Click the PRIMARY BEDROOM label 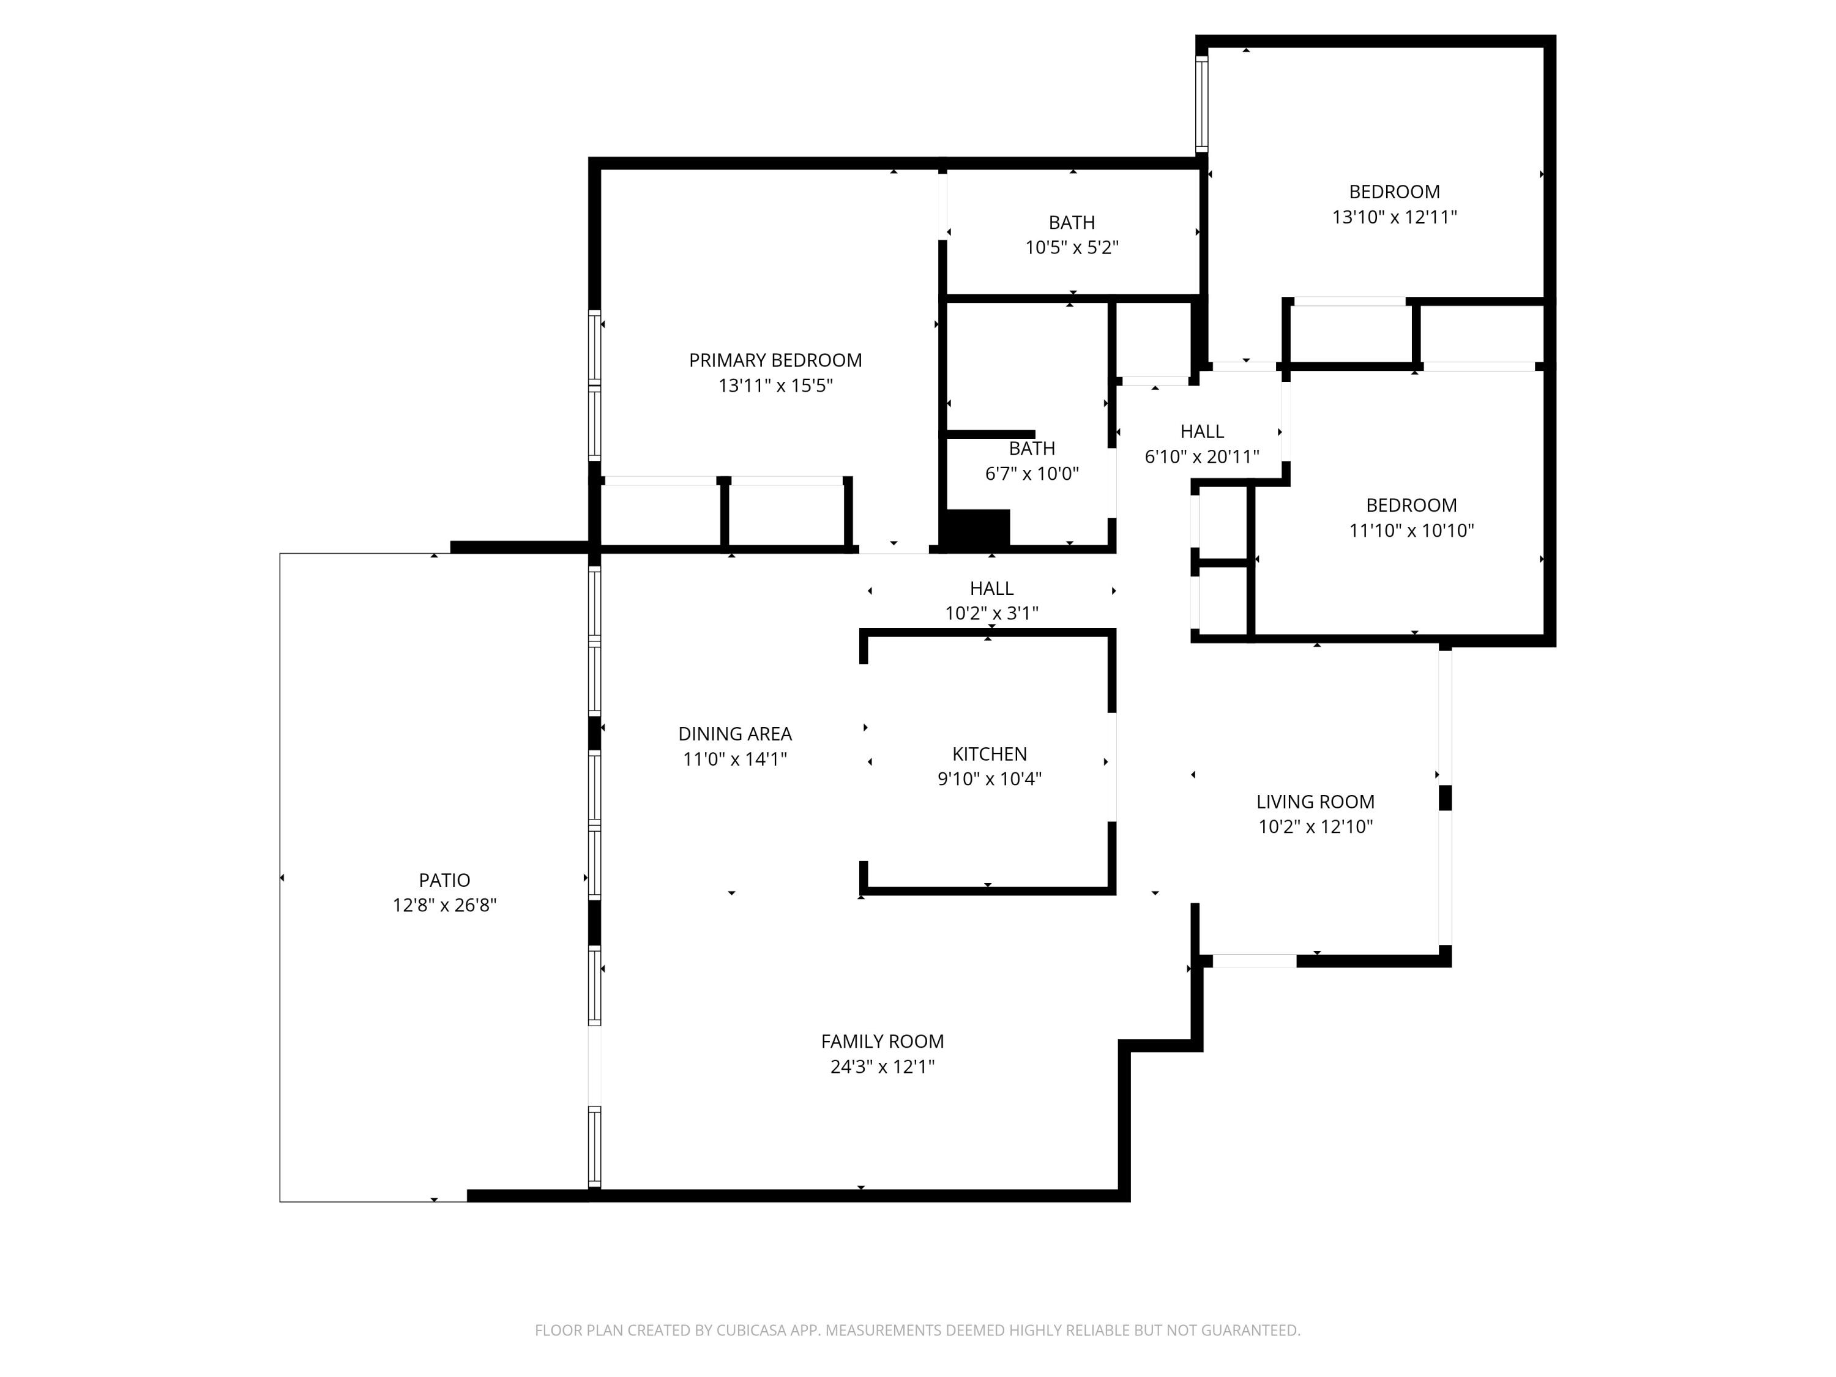[x=775, y=360]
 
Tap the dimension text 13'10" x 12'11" [x=1394, y=217]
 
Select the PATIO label [x=444, y=880]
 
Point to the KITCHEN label [x=990, y=753]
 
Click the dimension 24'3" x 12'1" [x=883, y=1067]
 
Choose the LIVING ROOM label [x=1315, y=802]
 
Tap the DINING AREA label [x=734, y=734]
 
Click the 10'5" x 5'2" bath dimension [x=1072, y=247]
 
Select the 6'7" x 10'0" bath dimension [x=1032, y=474]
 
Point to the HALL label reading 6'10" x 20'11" [x=1202, y=431]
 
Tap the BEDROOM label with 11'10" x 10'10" [x=1411, y=506]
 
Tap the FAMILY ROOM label [x=883, y=1042]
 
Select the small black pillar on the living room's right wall [x=1445, y=797]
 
